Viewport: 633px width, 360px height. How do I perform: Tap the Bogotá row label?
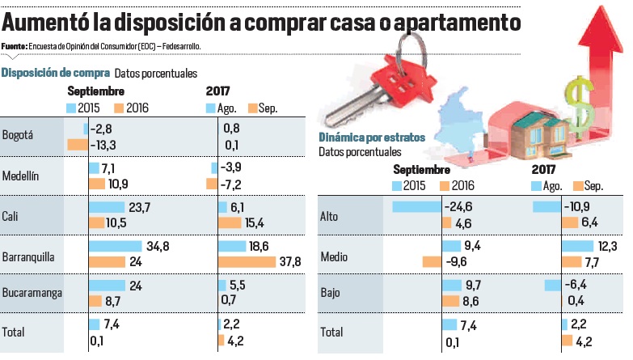(x=18, y=135)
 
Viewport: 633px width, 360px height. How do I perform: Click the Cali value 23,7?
(x=141, y=207)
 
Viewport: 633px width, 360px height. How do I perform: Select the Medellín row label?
(x=21, y=175)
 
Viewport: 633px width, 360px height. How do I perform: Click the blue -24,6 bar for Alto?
(x=416, y=207)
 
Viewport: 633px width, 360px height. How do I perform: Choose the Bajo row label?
(x=330, y=293)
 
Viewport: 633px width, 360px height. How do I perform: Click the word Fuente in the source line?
(x=15, y=46)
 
